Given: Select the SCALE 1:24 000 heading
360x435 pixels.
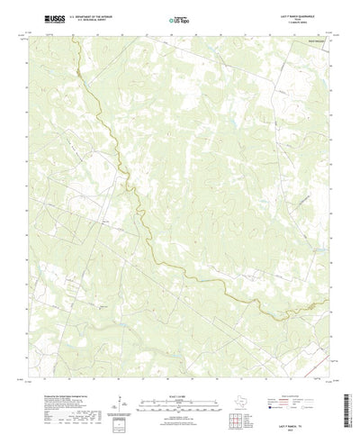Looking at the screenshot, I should tap(179, 367).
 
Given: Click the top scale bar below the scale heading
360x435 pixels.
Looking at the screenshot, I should tap(179, 373).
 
